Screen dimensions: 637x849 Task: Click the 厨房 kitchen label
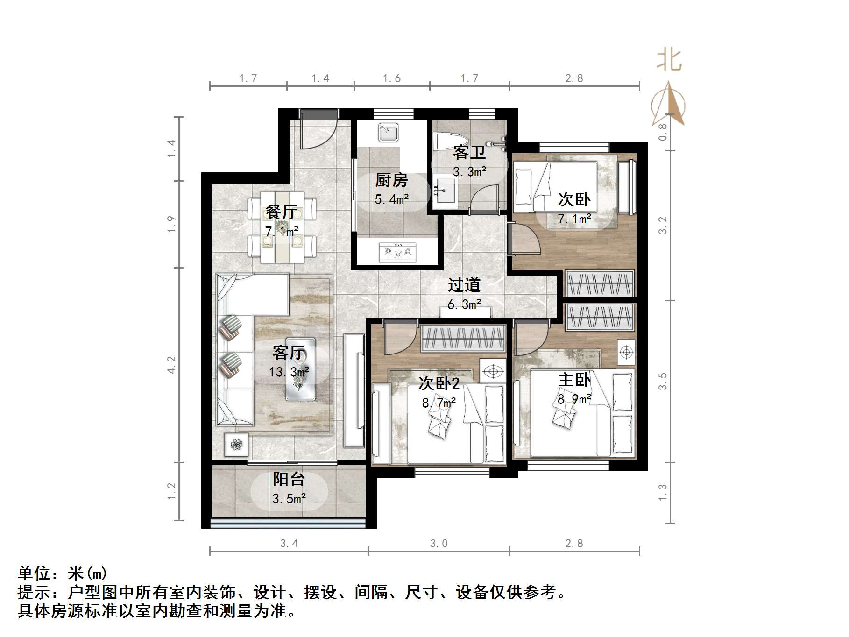point(391,180)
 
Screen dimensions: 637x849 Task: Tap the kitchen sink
point(388,133)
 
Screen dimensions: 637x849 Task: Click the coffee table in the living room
point(300,369)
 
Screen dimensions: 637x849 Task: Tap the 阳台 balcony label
point(289,479)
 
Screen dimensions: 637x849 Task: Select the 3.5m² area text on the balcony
point(289,498)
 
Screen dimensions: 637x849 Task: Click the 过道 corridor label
point(464,285)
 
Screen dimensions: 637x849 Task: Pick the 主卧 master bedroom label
point(574,380)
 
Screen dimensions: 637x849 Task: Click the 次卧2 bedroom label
point(439,383)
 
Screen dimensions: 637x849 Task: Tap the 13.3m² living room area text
point(289,372)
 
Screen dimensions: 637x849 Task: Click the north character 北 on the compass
point(669,61)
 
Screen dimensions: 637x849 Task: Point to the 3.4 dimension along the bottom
point(289,543)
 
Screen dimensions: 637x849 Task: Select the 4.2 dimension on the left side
point(172,365)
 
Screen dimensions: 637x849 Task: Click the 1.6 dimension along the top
point(391,78)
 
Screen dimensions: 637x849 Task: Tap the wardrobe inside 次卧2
point(463,339)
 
